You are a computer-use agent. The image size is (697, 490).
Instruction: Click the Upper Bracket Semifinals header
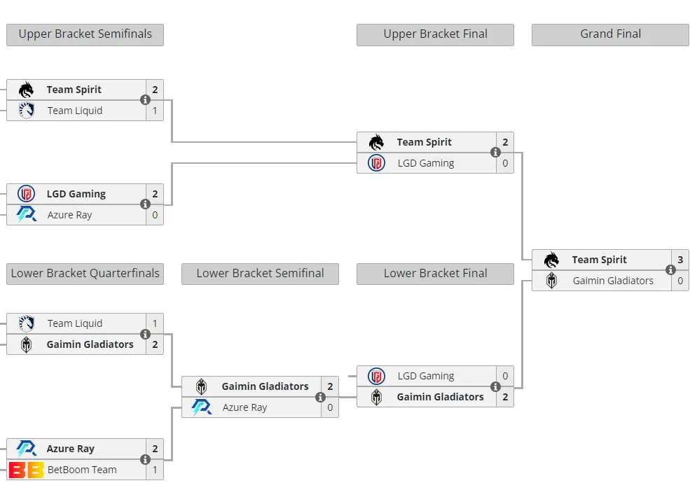85,34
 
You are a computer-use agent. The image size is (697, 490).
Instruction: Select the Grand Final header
610,34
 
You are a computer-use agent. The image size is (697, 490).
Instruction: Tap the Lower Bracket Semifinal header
260,274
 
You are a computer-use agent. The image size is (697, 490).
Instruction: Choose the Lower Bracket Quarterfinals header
85,274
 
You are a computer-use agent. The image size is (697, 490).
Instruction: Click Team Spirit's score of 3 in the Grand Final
680,260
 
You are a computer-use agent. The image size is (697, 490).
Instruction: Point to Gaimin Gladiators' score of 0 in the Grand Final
680,281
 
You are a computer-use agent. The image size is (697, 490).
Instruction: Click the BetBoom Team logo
26,470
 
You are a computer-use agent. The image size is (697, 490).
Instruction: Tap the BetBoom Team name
82,470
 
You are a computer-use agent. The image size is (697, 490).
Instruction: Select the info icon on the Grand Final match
670,269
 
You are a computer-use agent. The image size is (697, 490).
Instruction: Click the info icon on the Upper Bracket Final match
495,153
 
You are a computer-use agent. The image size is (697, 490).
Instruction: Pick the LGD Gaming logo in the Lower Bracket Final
376,377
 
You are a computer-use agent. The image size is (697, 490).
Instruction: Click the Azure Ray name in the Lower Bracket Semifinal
244,408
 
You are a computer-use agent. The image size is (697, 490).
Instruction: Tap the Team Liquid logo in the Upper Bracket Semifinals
26,111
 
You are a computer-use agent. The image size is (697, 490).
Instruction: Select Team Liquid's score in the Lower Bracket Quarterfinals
155,323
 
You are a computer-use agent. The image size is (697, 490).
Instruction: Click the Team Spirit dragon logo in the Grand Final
551,260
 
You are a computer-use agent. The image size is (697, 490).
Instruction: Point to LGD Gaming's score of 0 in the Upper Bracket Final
505,164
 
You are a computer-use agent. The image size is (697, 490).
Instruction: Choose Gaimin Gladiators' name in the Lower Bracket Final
440,397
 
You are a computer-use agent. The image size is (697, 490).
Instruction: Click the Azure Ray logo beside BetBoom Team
26,449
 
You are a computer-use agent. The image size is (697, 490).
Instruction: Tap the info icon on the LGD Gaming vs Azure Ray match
145,204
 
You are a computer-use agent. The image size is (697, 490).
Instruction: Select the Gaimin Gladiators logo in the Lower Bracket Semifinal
201,386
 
